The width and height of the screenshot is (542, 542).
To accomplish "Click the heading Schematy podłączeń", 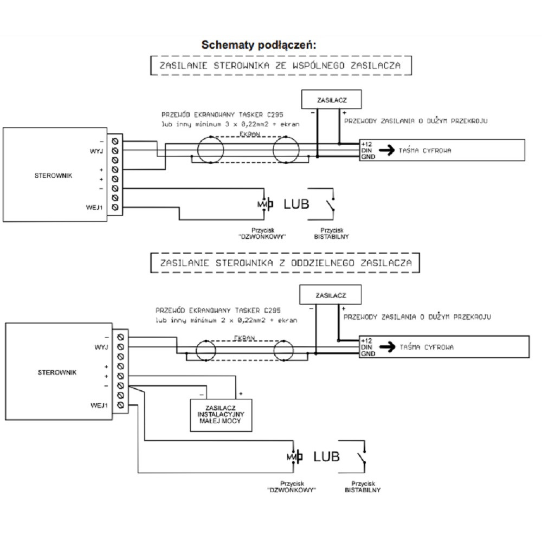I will (258, 45).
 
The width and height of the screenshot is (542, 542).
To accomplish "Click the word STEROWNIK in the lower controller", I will (57, 372).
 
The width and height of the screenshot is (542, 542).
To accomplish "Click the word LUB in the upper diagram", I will (296, 204).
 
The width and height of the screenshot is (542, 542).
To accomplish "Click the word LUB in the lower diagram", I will (326, 457).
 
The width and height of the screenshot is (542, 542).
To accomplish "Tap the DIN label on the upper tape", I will (366, 151).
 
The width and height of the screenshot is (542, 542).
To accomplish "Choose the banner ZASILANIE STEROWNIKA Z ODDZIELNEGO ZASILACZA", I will (286, 263).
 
